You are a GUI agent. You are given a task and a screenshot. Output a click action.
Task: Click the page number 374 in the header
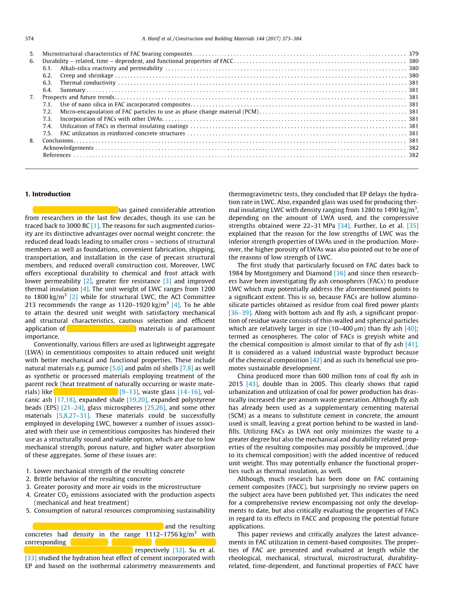(x=29, y=39)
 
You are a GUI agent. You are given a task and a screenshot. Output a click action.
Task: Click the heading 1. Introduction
(x=48, y=194)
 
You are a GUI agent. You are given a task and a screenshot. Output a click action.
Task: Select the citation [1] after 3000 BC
(x=95, y=226)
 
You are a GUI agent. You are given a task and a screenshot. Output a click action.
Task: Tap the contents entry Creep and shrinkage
(x=87, y=75)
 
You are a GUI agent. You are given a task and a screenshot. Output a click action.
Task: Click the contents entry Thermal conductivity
(x=88, y=83)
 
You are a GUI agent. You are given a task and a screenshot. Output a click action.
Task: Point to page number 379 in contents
(x=414, y=54)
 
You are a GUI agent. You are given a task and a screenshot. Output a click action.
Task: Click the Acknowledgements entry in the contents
(x=68, y=148)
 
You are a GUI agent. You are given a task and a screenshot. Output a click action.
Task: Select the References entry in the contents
(x=57, y=155)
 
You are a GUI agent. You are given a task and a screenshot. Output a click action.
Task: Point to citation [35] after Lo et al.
(x=413, y=226)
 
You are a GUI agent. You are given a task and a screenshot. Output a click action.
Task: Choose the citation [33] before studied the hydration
(x=31, y=558)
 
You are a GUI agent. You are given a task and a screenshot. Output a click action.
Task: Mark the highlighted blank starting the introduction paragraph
(x=75, y=210)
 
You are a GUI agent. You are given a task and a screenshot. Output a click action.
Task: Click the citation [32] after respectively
(x=179, y=550)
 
